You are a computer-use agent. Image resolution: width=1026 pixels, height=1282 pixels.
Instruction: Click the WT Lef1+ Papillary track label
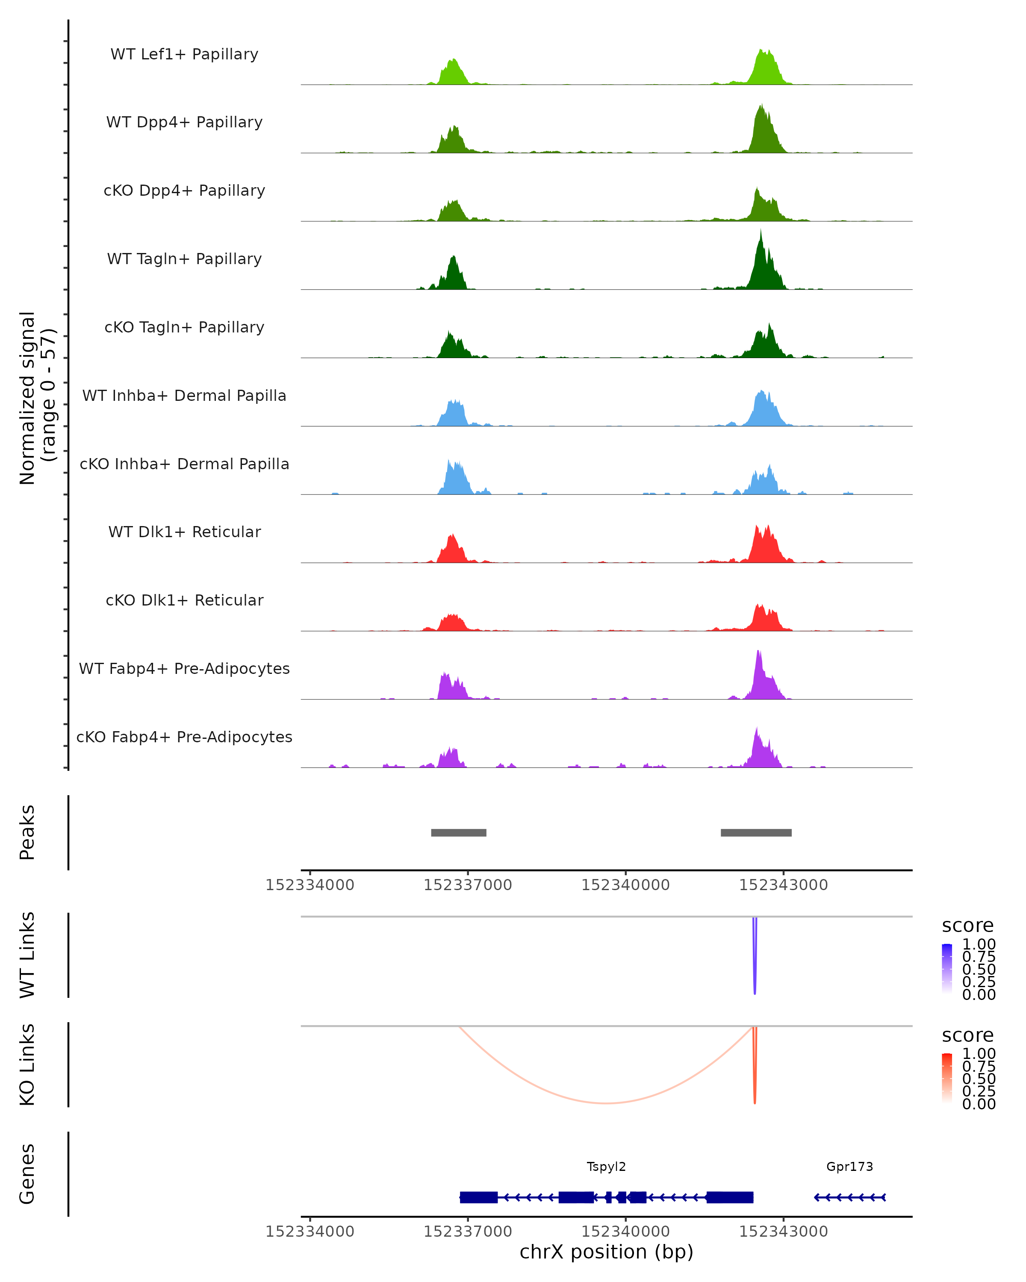pyautogui.click(x=184, y=54)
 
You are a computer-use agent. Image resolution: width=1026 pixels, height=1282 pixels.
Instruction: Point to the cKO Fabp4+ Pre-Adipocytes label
pyautogui.click(x=184, y=737)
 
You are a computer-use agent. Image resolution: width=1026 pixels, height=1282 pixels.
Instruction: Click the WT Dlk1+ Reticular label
pyautogui.click(x=184, y=532)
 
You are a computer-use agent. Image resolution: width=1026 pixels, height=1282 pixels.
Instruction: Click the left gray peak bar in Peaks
pyautogui.click(x=459, y=832)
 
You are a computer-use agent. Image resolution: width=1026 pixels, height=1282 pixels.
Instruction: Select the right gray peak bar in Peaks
pyautogui.click(x=756, y=832)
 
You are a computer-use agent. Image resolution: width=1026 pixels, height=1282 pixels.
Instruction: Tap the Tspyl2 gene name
pyautogui.click(x=606, y=1167)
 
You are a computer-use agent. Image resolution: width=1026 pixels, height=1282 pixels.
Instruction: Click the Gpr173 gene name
pyautogui.click(x=849, y=1167)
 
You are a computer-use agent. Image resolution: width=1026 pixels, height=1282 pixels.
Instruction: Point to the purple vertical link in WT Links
pyautogui.click(x=755, y=957)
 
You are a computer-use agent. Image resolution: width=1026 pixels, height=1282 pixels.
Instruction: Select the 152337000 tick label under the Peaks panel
pyautogui.click(x=468, y=885)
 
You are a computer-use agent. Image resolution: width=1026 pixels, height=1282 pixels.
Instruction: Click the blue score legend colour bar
pyautogui.click(x=947, y=969)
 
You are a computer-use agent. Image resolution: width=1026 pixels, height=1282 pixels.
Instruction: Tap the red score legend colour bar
pyautogui.click(x=947, y=1078)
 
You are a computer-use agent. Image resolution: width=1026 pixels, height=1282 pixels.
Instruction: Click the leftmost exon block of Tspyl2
pyautogui.click(x=479, y=1197)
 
